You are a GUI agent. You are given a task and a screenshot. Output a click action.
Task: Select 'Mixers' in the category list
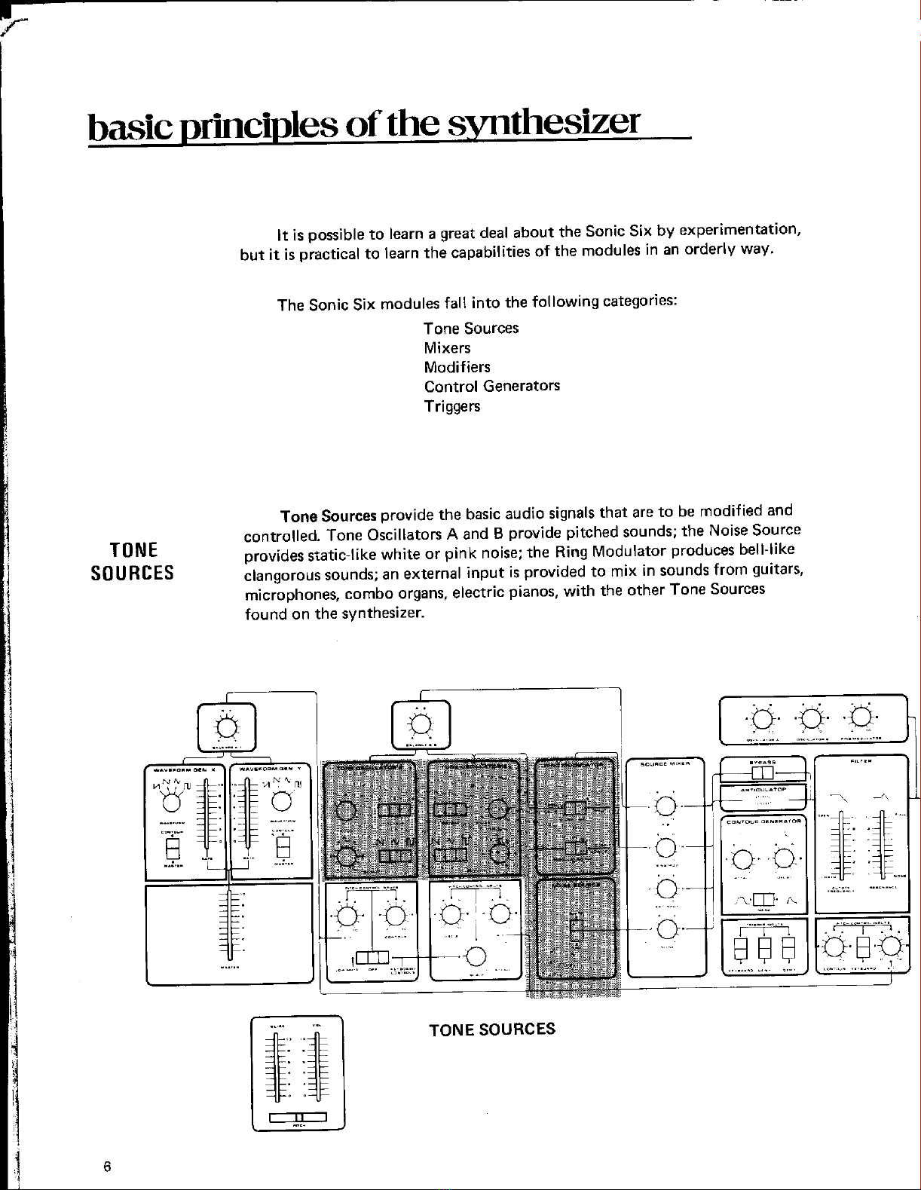click(x=447, y=348)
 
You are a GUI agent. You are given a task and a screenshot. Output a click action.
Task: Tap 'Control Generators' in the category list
click(x=491, y=387)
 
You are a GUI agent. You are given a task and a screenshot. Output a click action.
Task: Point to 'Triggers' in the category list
click(x=451, y=407)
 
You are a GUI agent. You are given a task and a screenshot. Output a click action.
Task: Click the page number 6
click(x=107, y=1167)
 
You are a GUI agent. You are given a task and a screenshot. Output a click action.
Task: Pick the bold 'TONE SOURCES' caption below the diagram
click(x=491, y=1029)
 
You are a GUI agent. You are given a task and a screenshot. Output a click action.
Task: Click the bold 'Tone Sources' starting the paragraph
click(x=328, y=516)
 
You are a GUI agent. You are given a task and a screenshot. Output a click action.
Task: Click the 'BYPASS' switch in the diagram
click(x=763, y=774)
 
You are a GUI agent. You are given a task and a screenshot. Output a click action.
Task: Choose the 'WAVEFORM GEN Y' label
click(x=270, y=769)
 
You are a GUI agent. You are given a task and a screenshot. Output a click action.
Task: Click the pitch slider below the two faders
click(x=298, y=1117)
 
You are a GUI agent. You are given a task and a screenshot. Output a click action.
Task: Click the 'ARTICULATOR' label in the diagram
click(x=763, y=790)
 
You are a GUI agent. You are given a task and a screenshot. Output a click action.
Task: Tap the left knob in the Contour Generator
click(x=742, y=858)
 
